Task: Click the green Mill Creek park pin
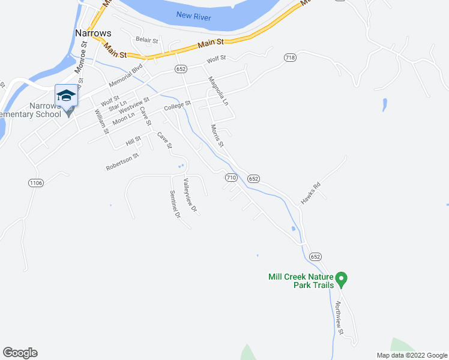pos(342,278)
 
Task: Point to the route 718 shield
pos(291,58)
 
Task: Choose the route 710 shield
pos(232,178)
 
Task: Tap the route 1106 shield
pos(35,182)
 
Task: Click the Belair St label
pos(146,40)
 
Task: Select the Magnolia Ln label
pos(218,91)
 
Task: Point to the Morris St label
pos(217,136)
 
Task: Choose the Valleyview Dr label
pos(190,196)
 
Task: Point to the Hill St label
pos(133,142)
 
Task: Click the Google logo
pos(20,353)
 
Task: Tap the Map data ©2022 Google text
pos(411,355)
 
